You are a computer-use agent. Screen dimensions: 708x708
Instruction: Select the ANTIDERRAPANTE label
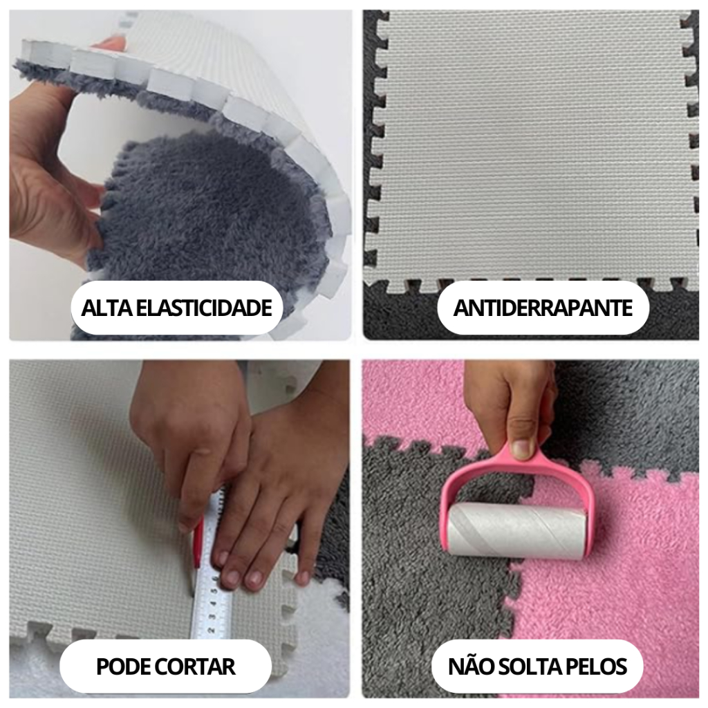coord(543,308)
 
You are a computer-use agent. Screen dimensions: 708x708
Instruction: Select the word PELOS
coord(597,667)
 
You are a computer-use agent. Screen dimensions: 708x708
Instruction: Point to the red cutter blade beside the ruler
coord(198,546)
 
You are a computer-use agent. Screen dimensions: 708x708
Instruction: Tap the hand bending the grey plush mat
coord(48,173)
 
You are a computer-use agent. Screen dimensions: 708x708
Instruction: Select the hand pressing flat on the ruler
coord(277,498)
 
